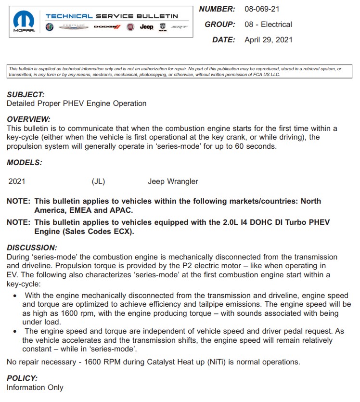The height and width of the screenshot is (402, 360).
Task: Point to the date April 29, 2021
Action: (x=268, y=40)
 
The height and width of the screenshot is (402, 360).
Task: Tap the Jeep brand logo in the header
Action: (x=146, y=27)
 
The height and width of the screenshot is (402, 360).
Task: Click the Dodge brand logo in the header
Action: (x=107, y=27)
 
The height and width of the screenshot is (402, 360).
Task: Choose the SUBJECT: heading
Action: (x=26, y=95)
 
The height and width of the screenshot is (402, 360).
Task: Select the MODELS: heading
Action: (x=24, y=163)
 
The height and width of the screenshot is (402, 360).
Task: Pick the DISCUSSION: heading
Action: (x=32, y=247)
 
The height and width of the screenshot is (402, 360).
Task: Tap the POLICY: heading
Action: (x=22, y=378)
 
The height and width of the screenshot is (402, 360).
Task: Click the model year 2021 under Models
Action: (x=17, y=182)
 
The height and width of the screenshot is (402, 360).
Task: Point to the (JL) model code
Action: (x=98, y=182)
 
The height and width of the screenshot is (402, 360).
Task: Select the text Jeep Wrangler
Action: (x=173, y=182)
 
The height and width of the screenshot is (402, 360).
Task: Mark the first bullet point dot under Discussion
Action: (x=15, y=296)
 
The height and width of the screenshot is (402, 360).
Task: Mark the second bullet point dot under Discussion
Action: (x=15, y=331)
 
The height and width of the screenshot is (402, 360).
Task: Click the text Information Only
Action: (x=35, y=387)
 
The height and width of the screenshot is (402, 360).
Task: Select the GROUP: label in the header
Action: (x=220, y=25)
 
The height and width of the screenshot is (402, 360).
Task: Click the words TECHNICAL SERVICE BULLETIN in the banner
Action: (x=112, y=16)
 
